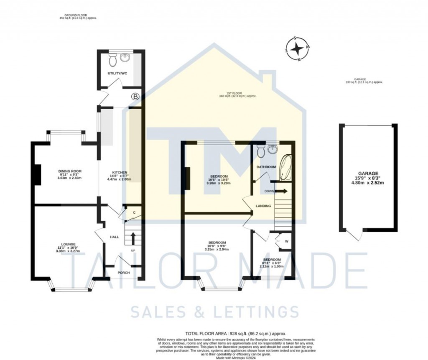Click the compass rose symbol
297,49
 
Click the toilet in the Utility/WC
112,61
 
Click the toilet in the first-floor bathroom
261,151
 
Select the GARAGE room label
368,173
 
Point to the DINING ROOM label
69,171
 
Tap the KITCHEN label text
120,172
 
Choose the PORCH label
123,273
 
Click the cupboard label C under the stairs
134,213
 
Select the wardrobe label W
286,241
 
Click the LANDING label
264,206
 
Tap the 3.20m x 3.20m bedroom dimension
219,184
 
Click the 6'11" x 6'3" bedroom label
272,263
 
